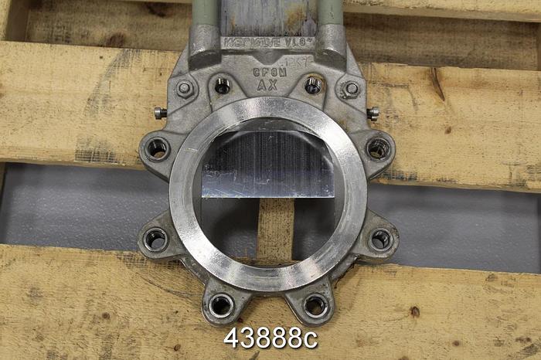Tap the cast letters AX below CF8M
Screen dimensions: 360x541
point(267,86)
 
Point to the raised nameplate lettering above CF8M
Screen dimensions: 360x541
point(267,42)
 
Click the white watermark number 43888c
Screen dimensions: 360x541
point(270,338)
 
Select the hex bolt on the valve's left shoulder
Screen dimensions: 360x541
point(185,88)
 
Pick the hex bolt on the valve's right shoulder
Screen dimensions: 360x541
point(351,89)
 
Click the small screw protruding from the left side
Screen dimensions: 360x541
point(160,113)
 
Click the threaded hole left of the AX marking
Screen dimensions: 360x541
point(223,85)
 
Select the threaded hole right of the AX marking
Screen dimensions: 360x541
point(313,85)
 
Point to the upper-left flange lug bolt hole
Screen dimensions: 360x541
point(158,148)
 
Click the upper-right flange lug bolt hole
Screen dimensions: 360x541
point(379,148)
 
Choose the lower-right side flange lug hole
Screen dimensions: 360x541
point(380,239)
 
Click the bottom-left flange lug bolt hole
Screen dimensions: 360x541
point(221,304)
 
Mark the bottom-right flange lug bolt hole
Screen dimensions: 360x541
point(315,305)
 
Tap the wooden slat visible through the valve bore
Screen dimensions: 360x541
point(275,228)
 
